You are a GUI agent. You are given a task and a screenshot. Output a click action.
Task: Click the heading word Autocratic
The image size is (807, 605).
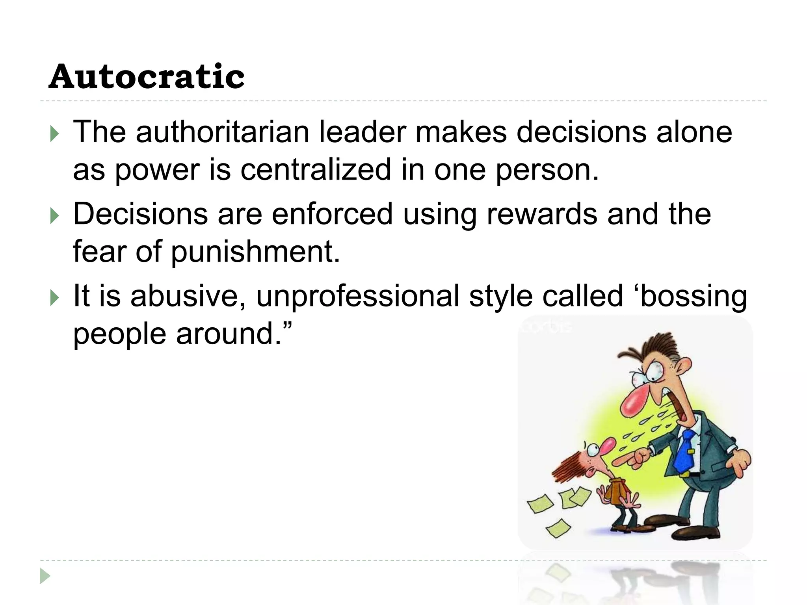[x=147, y=76]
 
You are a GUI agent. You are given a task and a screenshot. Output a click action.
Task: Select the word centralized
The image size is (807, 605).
[x=316, y=170]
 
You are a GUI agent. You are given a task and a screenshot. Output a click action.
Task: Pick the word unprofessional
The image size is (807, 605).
[x=358, y=296]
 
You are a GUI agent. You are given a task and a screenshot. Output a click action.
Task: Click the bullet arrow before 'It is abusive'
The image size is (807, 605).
[x=54, y=298]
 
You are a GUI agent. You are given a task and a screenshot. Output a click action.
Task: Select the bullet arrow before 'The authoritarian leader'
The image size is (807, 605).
[x=54, y=134]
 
